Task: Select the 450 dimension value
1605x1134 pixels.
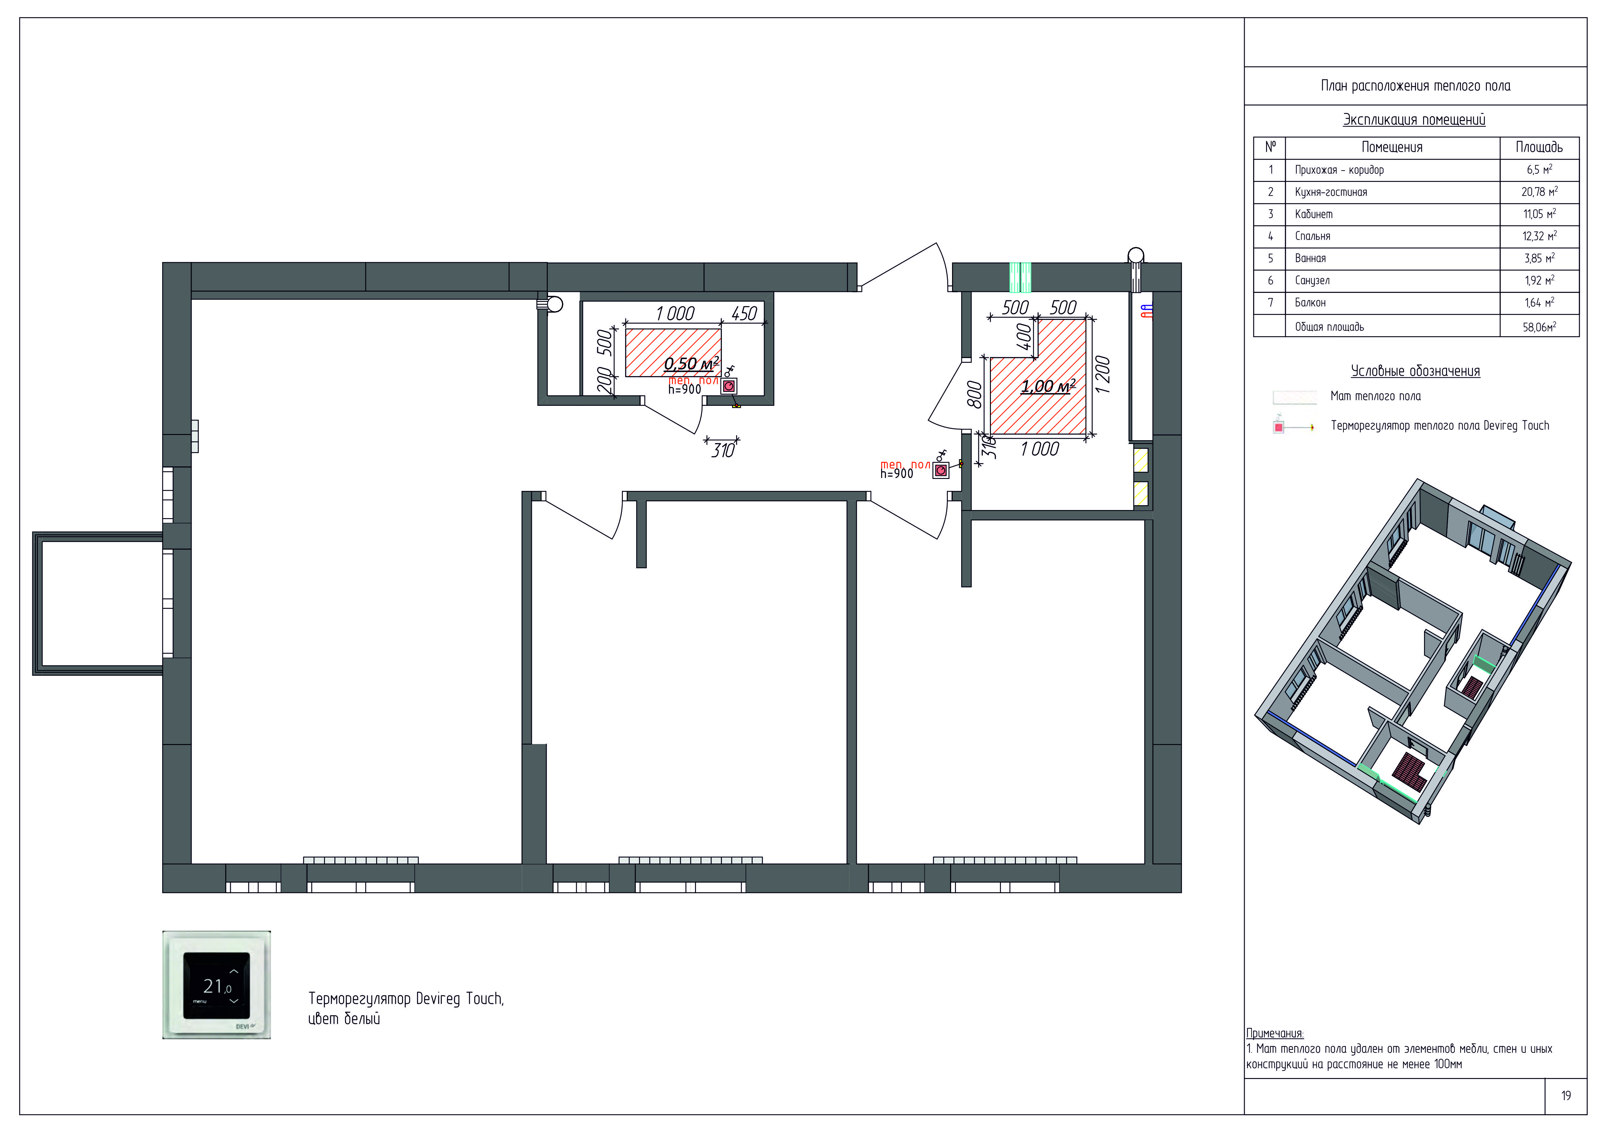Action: [744, 314]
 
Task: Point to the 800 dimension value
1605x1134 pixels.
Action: [974, 394]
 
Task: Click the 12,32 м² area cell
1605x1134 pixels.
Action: [1539, 236]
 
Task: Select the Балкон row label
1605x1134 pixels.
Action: [1310, 303]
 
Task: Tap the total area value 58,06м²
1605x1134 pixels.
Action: [1539, 326]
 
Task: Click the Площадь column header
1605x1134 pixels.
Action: [1539, 148]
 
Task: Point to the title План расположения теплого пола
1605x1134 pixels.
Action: [1416, 86]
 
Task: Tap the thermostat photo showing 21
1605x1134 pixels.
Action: [217, 984]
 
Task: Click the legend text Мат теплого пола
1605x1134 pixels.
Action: [1375, 396]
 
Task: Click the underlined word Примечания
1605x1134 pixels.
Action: [1275, 1033]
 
